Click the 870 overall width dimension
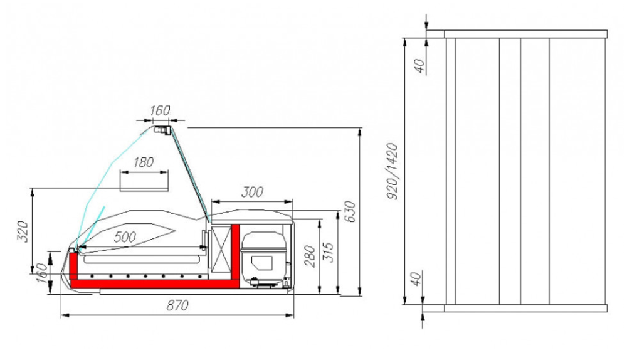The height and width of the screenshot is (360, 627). point(177,305)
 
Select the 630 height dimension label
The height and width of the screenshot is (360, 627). point(349,212)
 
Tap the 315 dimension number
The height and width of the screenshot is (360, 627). point(328,252)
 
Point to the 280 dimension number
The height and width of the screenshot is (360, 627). point(310,257)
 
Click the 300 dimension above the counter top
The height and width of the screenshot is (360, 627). point(252,192)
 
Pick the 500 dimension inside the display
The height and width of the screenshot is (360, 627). point(125,237)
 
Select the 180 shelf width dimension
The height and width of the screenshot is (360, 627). point(144,162)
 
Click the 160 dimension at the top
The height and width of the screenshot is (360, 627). point(160,110)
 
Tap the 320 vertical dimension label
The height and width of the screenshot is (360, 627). point(23,231)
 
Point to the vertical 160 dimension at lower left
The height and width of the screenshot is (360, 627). point(41,273)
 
